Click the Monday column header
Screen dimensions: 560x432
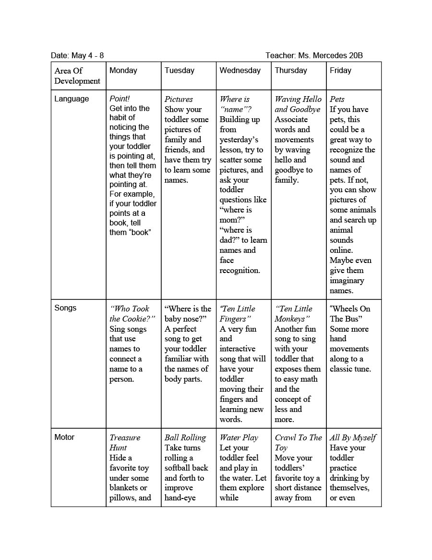click(123, 71)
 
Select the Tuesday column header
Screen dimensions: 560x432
click(180, 71)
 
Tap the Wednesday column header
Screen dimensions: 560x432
click(240, 71)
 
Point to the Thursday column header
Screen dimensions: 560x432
click(291, 71)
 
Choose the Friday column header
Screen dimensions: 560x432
click(341, 71)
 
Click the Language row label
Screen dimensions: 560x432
click(72, 99)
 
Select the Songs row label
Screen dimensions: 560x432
click(65, 308)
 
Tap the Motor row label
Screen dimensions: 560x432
click(64, 437)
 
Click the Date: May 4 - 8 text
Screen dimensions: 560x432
click(77, 56)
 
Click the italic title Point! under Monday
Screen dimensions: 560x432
click(120, 99)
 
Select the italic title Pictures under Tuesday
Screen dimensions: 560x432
click(179, 100)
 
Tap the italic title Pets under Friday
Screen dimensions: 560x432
click(337, 100)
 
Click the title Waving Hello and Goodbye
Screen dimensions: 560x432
click(298, 104)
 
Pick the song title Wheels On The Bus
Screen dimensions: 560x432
click(350, 314)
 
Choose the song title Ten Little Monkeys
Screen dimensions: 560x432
click(293, 314)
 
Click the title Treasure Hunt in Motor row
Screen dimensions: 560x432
click(125, 443)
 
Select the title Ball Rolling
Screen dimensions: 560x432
click(185, 438)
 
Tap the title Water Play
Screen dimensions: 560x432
click(239, 438)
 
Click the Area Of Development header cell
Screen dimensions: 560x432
click(77, 76)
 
